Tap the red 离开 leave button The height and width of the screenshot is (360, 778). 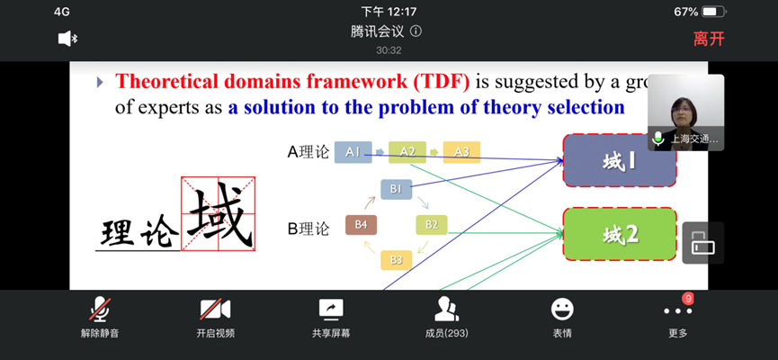pos(709,39)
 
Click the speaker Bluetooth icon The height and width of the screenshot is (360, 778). pos(67,39)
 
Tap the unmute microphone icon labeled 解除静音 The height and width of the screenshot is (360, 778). pos(100,310)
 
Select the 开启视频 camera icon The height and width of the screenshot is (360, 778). pos(215,310)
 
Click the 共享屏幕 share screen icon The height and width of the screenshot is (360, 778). pos(331,310)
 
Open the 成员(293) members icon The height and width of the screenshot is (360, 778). pos(446,310)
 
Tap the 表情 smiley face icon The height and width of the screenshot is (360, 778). pos(562,310)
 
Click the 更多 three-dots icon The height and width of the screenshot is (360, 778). pos(677,310)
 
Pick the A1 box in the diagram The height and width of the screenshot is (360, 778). pos(353,152)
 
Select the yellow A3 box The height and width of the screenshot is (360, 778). pos(461,152)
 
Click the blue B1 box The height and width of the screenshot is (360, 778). pos(396,189)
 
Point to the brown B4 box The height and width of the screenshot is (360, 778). pos(361,225)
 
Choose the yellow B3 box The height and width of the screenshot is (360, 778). pos(396,260)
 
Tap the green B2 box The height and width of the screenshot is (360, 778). pos(431,225)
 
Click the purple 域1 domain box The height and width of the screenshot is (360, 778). pos(620,161)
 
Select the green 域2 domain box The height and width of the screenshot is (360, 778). pos(620,234)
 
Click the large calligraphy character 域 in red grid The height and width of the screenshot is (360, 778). pos(219,213)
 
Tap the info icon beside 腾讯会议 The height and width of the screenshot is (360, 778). pos(416,31)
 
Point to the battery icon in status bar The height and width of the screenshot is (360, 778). pos(714,12)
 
